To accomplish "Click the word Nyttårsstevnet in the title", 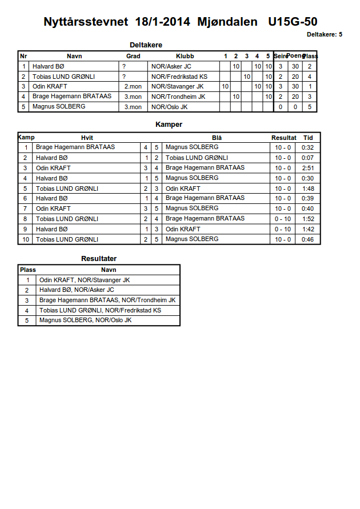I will (x=87, y=22).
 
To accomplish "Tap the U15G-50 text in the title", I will (x=293, y=22).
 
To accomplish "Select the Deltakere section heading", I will (x=146, y=45).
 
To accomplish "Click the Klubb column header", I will (x=185, y=56).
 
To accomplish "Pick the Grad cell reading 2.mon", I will (x=133, y=86).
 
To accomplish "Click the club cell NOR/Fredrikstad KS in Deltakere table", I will (x=179, y=77).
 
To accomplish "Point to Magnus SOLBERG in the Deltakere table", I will (x=59, y=107).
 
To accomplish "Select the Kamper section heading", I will (x=169, y=124).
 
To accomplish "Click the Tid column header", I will (x=308, y=138).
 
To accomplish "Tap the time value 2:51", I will (x=307, y=168).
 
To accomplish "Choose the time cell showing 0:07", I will (x=307, y=158).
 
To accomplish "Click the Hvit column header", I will (x=87, y=138).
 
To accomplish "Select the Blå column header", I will (x=217, y=138).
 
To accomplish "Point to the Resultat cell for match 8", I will (x=283, y=219).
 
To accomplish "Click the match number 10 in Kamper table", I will (x=26, y=239).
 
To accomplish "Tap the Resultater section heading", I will (x=99, y=259).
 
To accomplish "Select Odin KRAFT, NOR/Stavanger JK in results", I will (x=85, y=280).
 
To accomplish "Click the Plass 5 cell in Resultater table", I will (x=27, y=320).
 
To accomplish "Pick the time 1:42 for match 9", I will (x=307, y=229).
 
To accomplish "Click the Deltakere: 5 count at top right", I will (x=325, y=34).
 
